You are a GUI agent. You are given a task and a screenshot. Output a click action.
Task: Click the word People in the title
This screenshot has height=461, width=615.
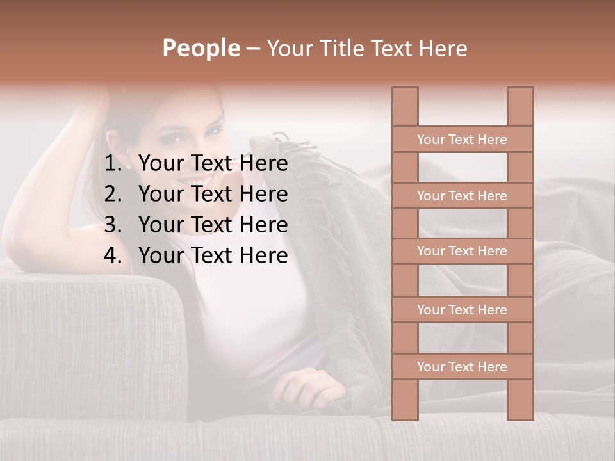click(x=201, y=48)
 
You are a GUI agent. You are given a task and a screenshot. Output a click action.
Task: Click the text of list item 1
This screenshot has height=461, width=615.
click(x=213, y=164)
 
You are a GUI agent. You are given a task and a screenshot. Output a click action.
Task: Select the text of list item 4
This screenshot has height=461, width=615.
click(x=213, y=255)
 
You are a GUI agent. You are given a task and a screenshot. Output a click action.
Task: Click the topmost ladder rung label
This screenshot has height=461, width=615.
click(x=462, y=140)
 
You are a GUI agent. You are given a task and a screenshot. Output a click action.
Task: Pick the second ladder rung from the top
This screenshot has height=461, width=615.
click(x=462, y=196)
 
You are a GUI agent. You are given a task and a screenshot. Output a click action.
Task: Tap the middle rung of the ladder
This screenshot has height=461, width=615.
click(x=462, y=252)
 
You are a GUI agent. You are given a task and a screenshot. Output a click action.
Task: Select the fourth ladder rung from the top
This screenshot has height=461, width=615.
click(x=462, y=310)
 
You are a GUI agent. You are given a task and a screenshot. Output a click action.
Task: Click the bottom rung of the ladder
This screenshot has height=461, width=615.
click(x=462, y=367)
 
